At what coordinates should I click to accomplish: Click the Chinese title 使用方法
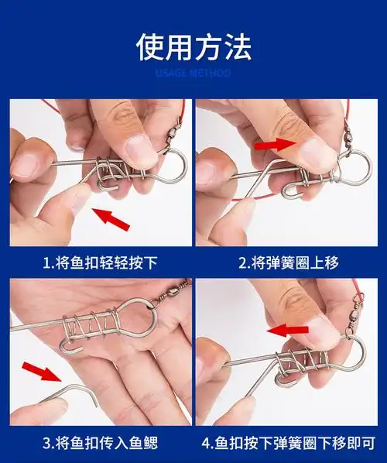tap(193, 46)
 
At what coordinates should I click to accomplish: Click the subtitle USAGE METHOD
tap(193, 74)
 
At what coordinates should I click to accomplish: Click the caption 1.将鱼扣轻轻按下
tap(101, 262)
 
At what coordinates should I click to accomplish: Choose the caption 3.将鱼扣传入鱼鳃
tap(101, 443)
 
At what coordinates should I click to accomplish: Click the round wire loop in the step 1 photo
tap(172, 163)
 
